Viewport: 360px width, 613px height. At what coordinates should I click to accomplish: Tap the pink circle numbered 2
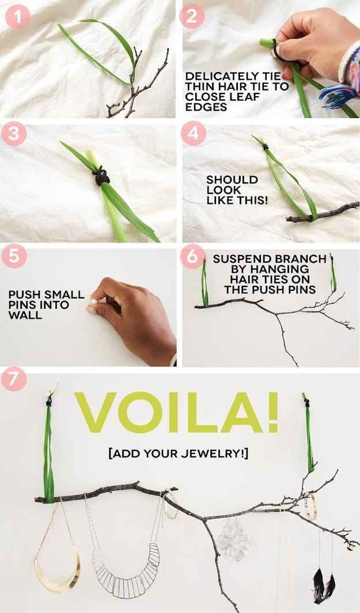tap(192, 16)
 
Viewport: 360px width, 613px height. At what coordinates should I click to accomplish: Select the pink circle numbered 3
tap(14, 134)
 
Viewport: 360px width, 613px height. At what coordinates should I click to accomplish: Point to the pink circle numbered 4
tap(193, 133)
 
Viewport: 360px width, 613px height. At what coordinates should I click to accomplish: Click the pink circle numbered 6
tap(192, 257)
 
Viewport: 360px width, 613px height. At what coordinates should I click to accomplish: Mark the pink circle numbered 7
tap(14, 379)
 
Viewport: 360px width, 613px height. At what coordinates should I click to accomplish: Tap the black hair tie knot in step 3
tap(101, 176)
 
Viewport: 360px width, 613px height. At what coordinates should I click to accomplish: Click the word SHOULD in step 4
tap(232, 180)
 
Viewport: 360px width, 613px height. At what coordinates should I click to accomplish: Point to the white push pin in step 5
tap(94, 301)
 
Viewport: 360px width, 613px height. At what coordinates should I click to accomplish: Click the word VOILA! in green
tap(177, 413)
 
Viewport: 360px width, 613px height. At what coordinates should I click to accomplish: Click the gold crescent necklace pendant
tap(58, 570)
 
